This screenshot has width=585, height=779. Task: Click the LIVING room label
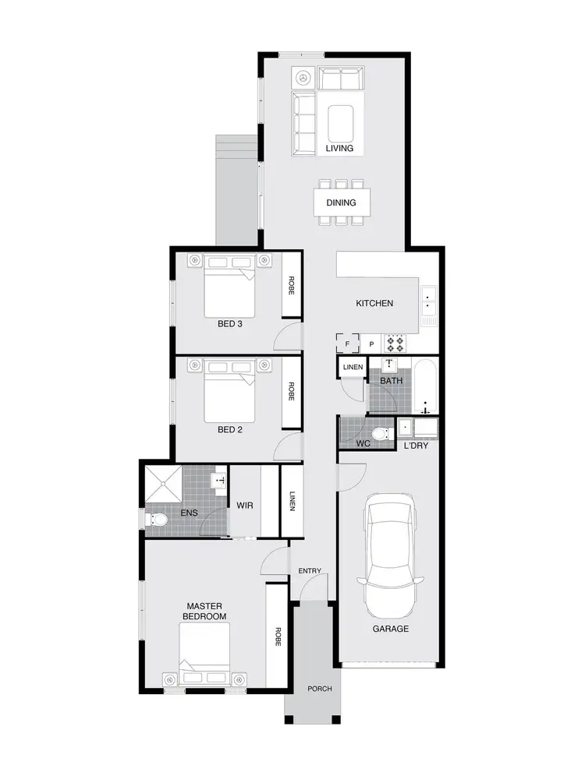point(339,148)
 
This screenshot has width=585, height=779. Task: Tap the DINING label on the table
point(341,203)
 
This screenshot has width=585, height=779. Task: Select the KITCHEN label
point(374,303)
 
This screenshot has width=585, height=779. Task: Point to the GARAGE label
point(390,629)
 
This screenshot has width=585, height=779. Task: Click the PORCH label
point(320,689)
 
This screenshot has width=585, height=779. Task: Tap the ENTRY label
point(310,571)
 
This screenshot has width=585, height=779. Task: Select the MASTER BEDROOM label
point(205,611)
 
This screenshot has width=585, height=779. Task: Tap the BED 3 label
point(229,323)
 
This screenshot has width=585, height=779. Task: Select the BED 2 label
point(229,428)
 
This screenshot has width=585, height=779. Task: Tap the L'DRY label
point(415,446)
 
